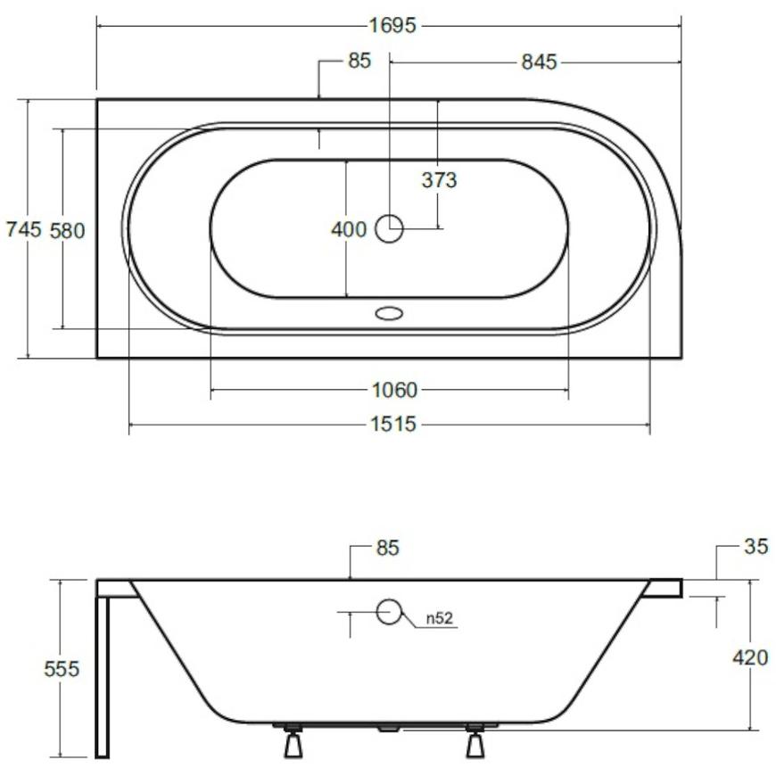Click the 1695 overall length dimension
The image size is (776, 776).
[393, 25]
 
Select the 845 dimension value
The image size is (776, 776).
[539, 62]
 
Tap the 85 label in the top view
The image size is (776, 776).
[359, 61]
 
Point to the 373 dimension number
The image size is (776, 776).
[439, 180]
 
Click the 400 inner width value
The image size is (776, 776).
[349, 229]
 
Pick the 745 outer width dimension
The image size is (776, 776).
[23, 229]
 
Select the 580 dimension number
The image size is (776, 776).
[67, 231]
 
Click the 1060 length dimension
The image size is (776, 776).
[394, 390]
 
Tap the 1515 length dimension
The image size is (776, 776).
[393, 425]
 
